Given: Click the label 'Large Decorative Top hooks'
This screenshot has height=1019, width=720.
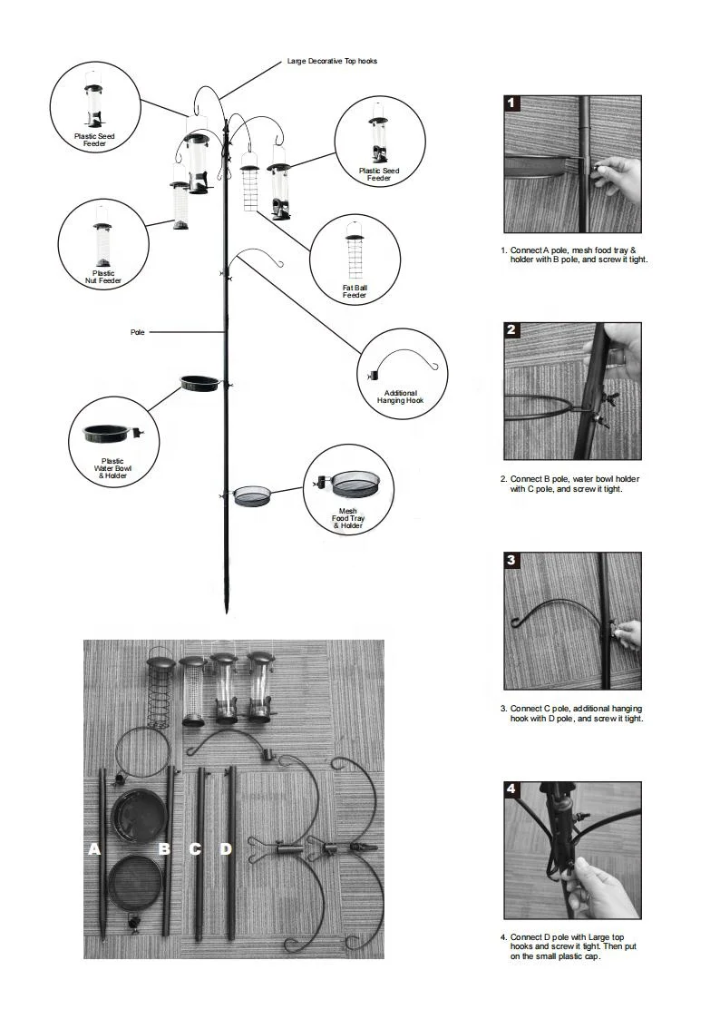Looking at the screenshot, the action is click(x=332, y=61).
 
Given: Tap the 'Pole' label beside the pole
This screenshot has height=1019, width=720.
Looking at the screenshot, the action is click(x=137, y=333).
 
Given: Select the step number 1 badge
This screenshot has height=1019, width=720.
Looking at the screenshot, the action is click(x=512, y=103).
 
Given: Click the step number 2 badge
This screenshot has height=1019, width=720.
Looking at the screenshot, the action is click(x=512, y=330).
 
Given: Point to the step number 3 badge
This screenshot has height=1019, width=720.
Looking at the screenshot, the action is click(x=512, y=560).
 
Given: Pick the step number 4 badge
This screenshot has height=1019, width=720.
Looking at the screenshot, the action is click(x=512, y=789).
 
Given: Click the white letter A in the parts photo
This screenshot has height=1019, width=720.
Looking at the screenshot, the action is click(x=94, y=849).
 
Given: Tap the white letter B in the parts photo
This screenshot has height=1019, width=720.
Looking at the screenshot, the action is click(x=164, y=849).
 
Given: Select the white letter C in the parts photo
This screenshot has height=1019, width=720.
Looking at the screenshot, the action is click(x=195, y=849).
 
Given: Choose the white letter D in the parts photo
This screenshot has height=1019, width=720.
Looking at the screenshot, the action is click(x=226, y=849).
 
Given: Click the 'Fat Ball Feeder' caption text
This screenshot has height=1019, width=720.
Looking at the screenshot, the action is click(x=355, y=291).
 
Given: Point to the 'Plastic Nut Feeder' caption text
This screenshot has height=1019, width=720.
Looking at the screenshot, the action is click(x=103, y=277).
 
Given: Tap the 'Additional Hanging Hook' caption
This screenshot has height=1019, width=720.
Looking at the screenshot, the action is click(x=400, y=397).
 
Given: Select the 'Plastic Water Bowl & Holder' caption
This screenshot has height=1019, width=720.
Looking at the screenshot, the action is click(x=113, y=468).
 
